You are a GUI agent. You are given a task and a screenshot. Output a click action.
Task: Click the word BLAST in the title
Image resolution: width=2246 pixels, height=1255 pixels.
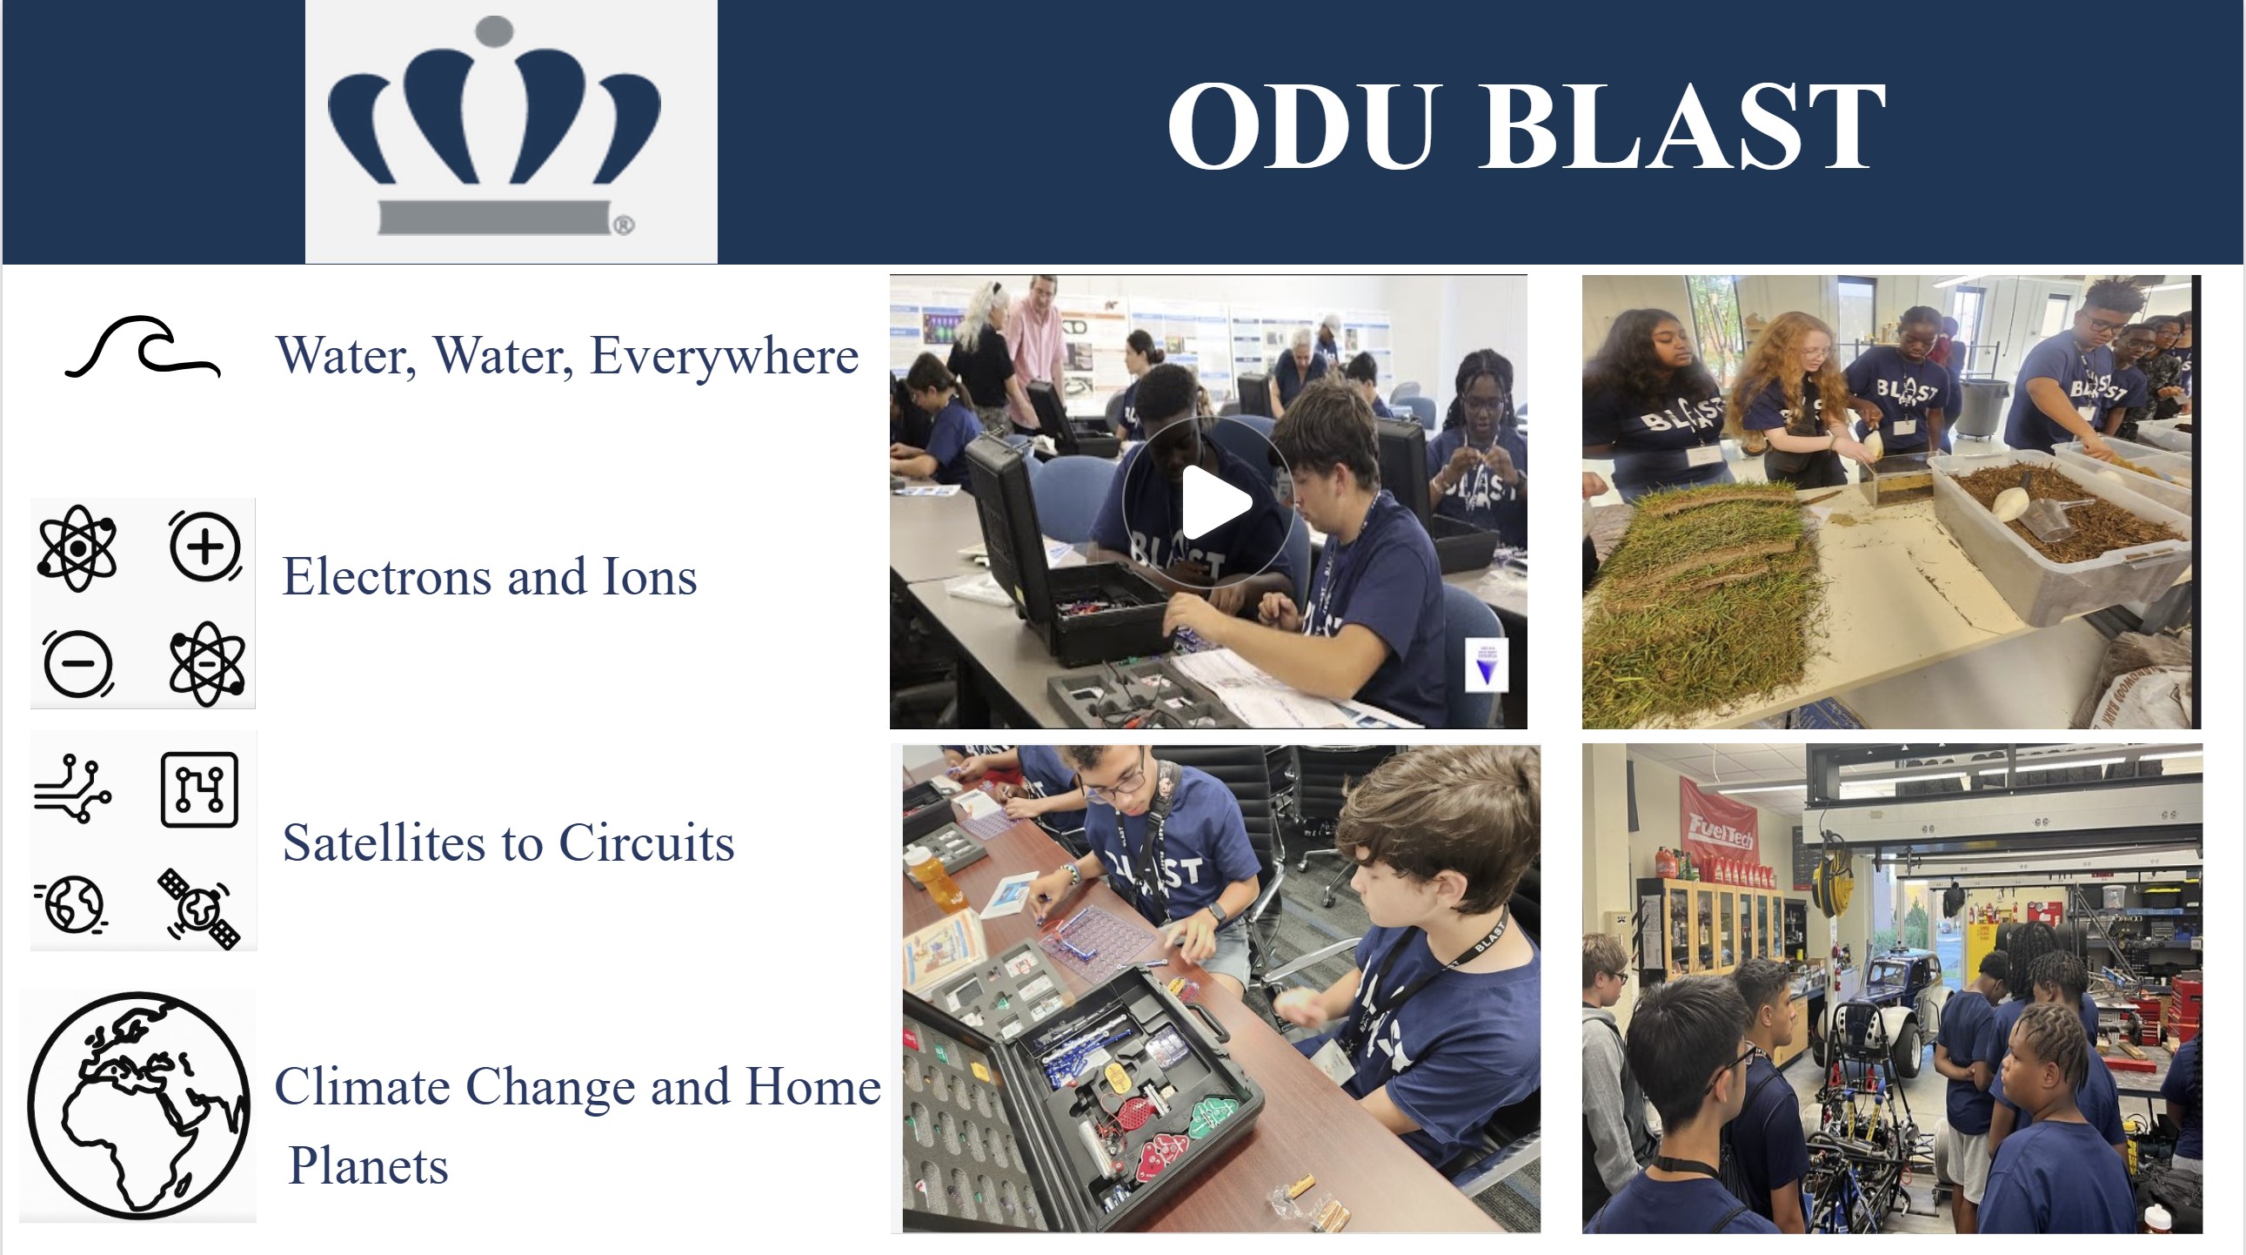coord(1682,125)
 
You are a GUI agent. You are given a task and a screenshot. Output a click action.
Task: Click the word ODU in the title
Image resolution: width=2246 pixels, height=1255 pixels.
coord(1300,125)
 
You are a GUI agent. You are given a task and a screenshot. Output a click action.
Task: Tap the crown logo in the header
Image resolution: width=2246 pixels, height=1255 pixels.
coord(494,125)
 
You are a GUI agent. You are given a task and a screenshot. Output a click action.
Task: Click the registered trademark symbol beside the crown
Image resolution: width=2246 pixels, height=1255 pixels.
coord(624,226)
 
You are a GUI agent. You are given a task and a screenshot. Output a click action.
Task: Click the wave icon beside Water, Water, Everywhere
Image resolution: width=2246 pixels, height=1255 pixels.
coord(143,347)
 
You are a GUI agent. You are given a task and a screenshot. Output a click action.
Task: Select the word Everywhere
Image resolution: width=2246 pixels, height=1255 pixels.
coord(724,356)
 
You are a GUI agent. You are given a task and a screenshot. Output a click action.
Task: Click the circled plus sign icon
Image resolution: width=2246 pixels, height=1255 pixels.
coord(205,547)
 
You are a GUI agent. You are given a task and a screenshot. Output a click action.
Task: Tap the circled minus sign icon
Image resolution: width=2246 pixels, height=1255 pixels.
coord(77,664)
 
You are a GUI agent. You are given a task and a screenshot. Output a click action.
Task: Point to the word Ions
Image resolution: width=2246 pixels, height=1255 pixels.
coord(650,577)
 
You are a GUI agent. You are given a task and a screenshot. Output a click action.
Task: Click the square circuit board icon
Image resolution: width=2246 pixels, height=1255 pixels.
coord(200,789)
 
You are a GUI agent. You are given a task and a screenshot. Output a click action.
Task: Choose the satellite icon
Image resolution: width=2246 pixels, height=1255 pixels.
coord(200,908)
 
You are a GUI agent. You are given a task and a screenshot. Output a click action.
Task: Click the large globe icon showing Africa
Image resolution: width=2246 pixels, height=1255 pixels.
coord(138,1105)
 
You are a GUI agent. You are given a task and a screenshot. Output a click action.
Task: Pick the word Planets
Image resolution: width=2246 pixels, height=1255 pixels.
coord(368,1166)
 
